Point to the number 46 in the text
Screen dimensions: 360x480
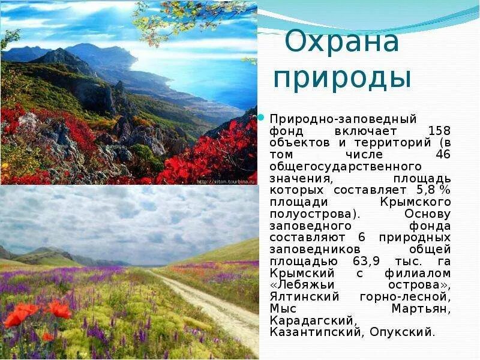click(x=443, y=154)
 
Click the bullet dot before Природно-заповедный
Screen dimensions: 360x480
click(x=262, y=117)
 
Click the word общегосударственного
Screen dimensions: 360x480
click(x=346, y=166)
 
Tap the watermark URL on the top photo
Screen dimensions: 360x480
click(x=226, y=180)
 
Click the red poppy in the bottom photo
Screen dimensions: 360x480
click(x=58, y=310)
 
